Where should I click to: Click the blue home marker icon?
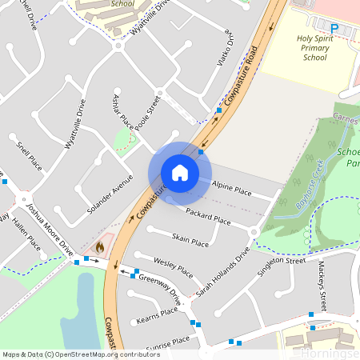(x=179, y=173)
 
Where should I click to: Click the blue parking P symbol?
(x=335, y=28)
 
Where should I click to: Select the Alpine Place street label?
(x=232, y=190)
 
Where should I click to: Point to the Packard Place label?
(x=208, y=216)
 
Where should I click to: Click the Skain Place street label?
(x=190, y=240)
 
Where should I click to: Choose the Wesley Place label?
(x=174, y=264)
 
